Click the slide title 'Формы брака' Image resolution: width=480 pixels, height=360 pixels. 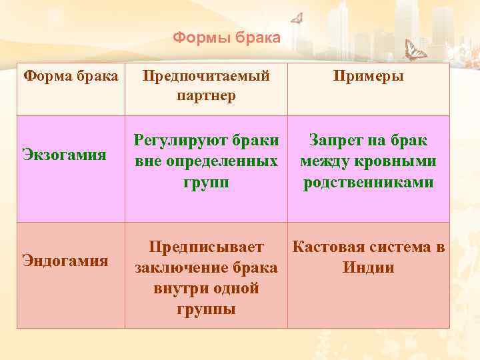[227, 37]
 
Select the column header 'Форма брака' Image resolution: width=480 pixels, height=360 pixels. [71, 75]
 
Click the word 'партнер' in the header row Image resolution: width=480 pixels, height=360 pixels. [206, 96]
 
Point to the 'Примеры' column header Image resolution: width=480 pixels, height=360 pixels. [368, 76]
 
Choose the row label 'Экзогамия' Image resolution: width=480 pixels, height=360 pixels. [64, 155]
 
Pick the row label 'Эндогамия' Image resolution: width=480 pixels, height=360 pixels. [65, 259]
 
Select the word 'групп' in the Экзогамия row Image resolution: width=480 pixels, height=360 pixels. [206, 182]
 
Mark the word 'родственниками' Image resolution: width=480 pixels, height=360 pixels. [368, 182]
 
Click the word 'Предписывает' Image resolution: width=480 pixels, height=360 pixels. [206, 247]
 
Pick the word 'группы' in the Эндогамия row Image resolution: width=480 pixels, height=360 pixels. [206, 309]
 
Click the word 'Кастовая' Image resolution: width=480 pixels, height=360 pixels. [328, 247]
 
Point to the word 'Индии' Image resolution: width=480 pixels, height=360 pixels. [368, 268]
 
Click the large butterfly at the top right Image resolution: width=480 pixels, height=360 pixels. [417, 50]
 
